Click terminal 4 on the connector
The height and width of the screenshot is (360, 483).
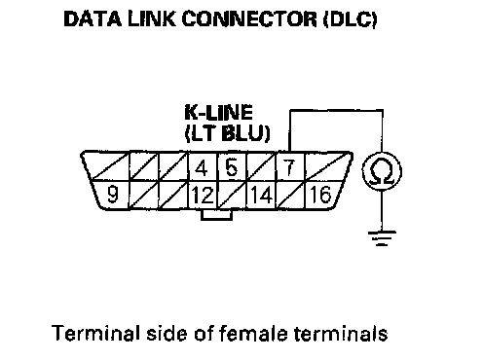[202, 166]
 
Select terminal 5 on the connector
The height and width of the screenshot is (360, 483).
[231, 166]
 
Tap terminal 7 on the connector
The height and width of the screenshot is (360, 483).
[289, 166]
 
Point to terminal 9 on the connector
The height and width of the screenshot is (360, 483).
[112, 195]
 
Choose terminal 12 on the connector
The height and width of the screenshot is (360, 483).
[203, 195]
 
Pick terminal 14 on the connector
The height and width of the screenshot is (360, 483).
[261, 195]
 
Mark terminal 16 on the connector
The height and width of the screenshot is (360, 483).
[321, 195]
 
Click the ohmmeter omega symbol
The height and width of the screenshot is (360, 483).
[382, 172]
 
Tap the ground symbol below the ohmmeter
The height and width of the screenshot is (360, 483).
[382, 238]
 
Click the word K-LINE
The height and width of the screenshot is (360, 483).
[218, 113]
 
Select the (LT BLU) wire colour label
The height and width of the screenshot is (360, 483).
[227, 133]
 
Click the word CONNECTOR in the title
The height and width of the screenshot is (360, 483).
[249, 19]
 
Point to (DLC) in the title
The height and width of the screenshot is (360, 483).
[350, 19]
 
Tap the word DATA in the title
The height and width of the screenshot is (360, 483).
[93, 19]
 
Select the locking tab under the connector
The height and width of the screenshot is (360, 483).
[216, 215]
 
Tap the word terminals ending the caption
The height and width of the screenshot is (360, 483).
[341, 333]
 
